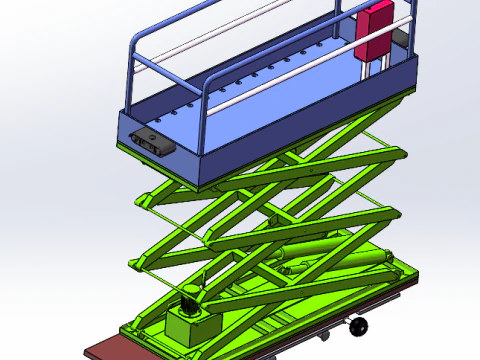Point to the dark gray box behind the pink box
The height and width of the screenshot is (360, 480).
pyautogui.click(x=400, y=35)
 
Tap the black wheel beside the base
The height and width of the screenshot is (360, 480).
pyautogui.click(x=358, y=326)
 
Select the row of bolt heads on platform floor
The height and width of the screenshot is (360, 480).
pyautogui.click(x=250, y=80)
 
